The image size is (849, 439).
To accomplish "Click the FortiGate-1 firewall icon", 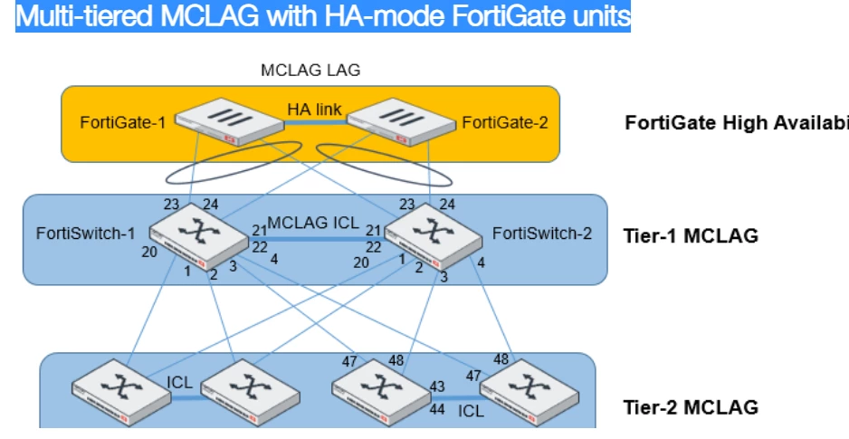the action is click(230, 121).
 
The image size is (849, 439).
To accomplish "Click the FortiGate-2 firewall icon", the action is click(401, 121).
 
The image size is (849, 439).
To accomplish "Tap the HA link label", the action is click(314, 110).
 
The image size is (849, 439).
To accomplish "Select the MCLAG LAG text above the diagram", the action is click(310, 70).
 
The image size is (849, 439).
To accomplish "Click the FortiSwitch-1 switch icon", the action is click(199, 236).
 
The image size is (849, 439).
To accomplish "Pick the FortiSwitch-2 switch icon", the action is click(434, 236).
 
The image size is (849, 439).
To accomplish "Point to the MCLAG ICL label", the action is click(313, 223).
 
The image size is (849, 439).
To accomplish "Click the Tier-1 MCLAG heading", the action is click(691, 236).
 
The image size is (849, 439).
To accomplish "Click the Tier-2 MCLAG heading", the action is click(691, 407).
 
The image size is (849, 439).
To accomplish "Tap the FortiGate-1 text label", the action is click(123, 122).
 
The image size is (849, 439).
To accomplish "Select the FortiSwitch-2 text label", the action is click(542, 234).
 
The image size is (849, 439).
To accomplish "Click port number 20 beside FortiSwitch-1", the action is click(149, 252).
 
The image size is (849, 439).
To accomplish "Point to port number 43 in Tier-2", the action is click(437, 387).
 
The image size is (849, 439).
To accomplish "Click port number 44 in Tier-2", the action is click(437, 409).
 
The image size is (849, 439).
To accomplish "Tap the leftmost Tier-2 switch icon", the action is click(121, 392).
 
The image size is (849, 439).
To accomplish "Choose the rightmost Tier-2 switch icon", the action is click(529, 392).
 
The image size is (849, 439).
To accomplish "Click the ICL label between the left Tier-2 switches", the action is click(179, 382).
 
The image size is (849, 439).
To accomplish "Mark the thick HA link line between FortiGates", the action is click(315, 122).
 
